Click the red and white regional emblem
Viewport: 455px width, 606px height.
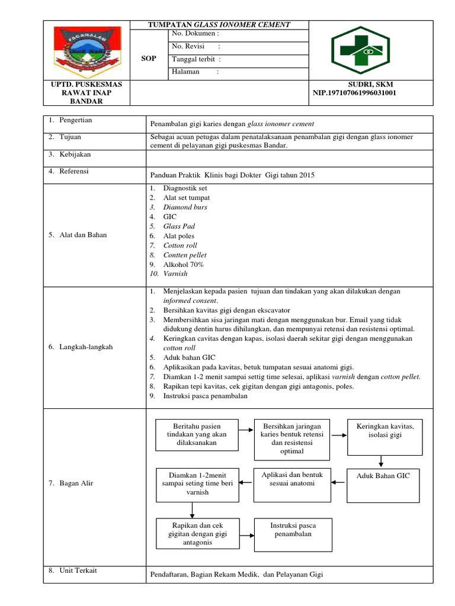coord(87,50)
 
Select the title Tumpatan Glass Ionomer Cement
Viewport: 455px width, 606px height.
coord(219,24)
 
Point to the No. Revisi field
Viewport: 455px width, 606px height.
coord(196,47)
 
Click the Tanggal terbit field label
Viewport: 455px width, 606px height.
coord(196,59)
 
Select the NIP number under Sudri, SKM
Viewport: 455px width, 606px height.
coord(354,93)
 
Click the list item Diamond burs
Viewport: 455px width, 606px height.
coord(185,207)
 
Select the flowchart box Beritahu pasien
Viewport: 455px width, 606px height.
coord(197,434)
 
